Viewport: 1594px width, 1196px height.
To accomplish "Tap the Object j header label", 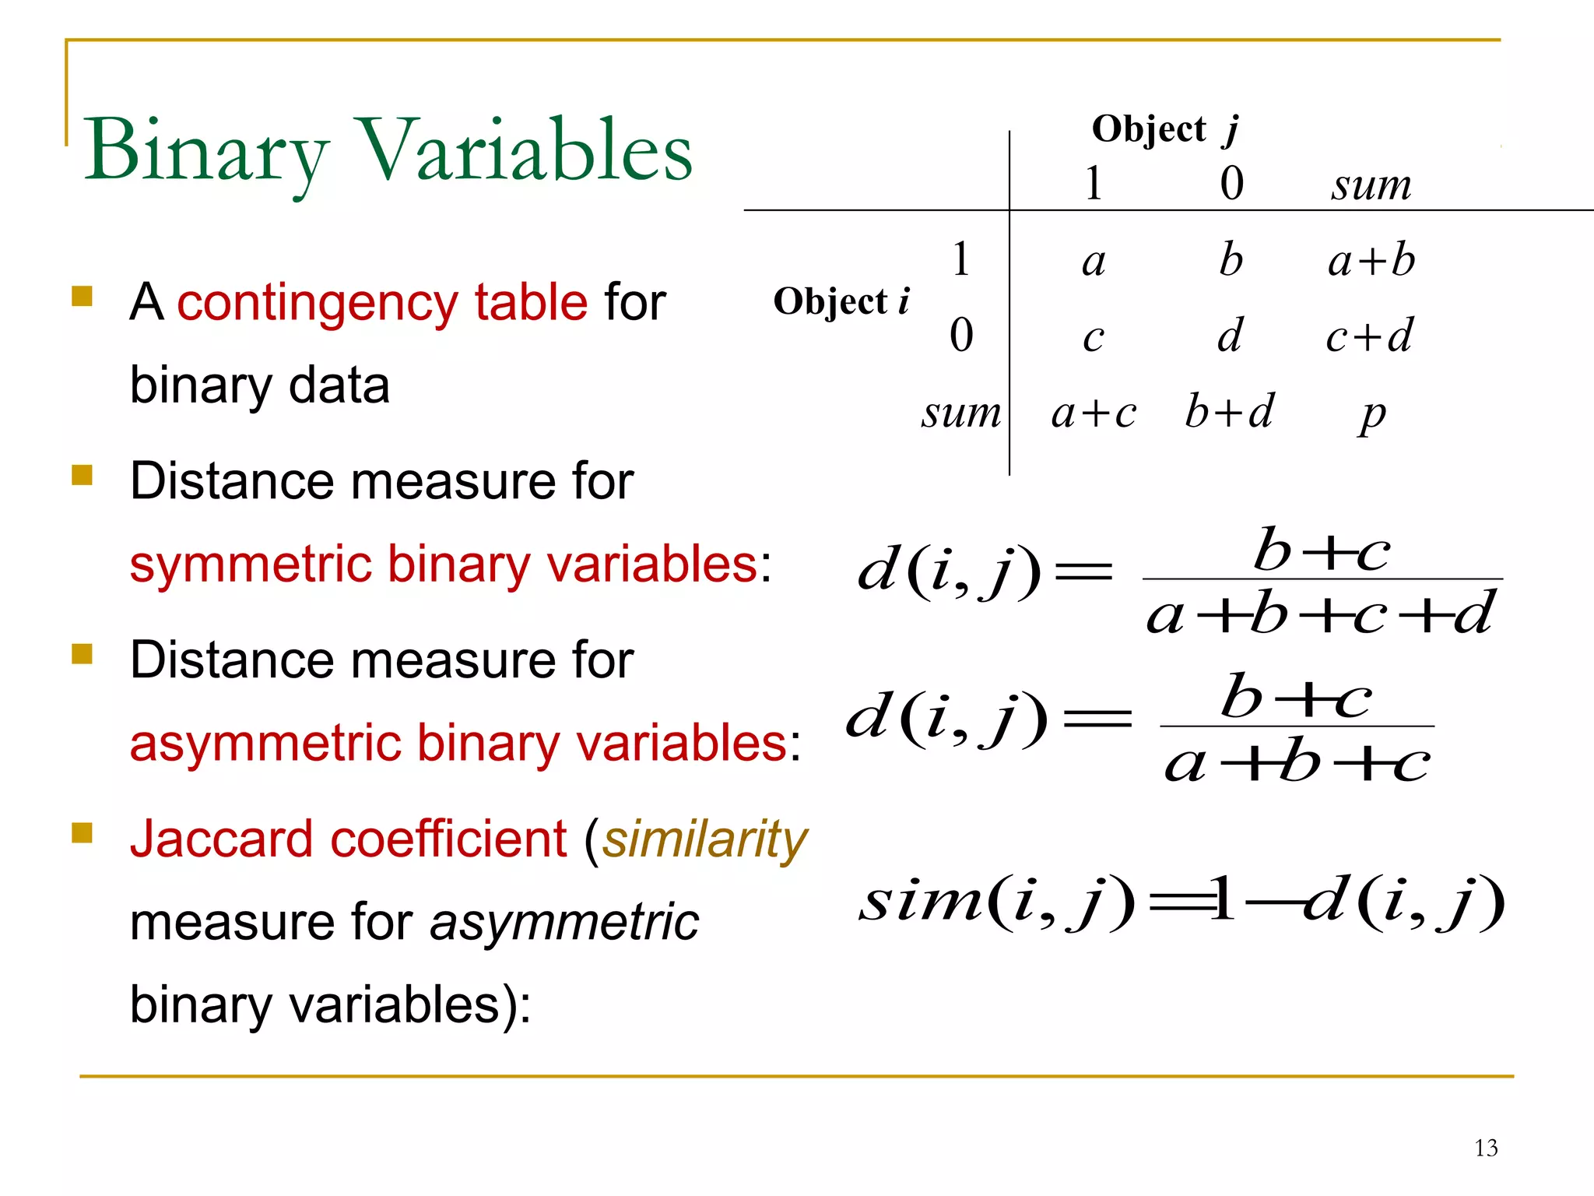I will coord(1164,129).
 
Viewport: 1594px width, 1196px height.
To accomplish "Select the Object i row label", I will coord(841,301).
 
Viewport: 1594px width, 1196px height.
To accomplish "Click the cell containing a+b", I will coord(1371,260).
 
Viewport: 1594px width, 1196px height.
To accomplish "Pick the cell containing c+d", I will coord(1370,336).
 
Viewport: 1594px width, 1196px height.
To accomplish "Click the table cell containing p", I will coord(1373,414).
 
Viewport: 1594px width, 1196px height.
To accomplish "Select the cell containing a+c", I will coord(1094,413).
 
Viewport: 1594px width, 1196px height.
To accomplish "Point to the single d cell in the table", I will coord(1231,336).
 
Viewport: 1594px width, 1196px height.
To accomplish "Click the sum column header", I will coord(1371,185).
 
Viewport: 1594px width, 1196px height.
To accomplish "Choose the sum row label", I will coord(961,413).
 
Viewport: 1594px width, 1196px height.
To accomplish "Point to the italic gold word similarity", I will coord(705,840).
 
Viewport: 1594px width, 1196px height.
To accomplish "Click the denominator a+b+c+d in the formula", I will coord(1320,614).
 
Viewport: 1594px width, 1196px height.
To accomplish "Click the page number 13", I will coord(1486,1148).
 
